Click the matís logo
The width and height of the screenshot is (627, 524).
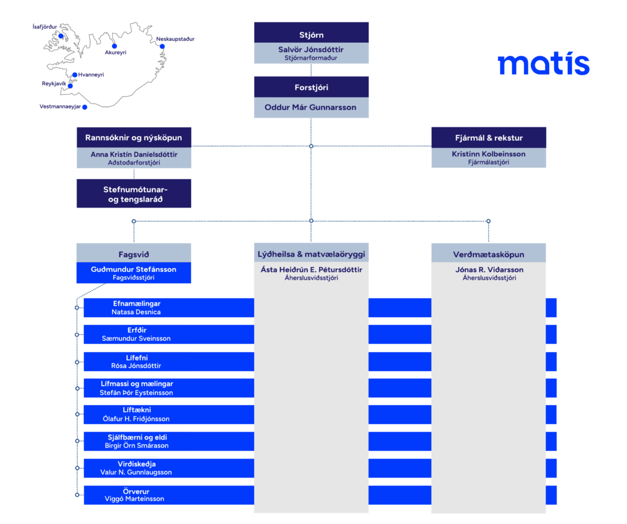point(544,64)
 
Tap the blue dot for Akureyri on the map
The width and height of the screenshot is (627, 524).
point(115,46)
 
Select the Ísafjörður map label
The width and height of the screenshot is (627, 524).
point(45,27)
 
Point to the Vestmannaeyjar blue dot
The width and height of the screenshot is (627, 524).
point(84,107)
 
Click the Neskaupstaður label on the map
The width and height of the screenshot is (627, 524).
point(175,39)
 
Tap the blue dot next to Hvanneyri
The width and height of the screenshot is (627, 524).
point(75,75)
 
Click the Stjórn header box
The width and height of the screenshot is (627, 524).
point(311,32)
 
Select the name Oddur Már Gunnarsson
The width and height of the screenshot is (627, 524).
point(310,107)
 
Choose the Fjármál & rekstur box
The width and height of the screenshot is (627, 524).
point(489,138)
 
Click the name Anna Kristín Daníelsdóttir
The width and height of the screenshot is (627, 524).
point(134,154)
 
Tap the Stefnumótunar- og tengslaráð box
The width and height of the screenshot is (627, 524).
point(134,193)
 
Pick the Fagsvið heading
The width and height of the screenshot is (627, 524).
point(133,254)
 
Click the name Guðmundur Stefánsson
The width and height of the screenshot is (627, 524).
point(133,269)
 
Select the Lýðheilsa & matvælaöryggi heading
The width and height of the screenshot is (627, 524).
point(311,254)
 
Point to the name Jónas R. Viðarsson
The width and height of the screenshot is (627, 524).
point(489,270)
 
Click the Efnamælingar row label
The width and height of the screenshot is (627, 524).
point(137,304)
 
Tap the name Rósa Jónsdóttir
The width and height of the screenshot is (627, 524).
point(136,365)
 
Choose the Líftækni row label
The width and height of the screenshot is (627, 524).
point(137,410)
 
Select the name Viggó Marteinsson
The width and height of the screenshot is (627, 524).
point(134,499)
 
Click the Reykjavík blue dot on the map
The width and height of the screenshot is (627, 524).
point(70,86)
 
